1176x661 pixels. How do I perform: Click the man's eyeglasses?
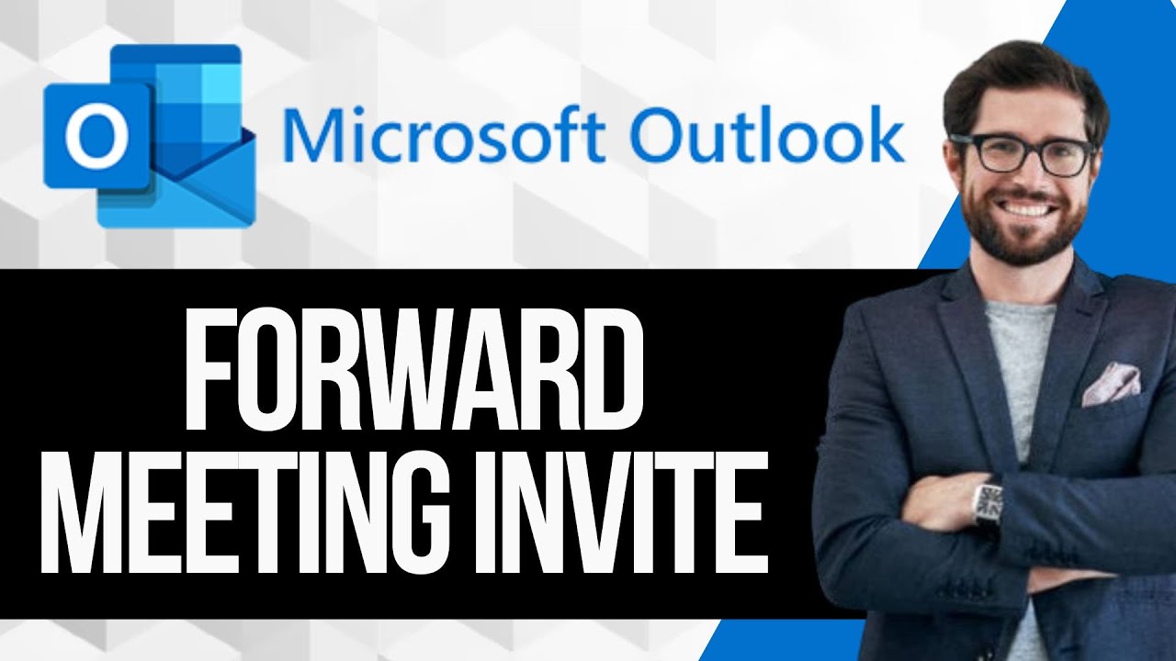[x=1023, y=153]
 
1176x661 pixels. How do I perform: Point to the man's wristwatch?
[x=989, y=504]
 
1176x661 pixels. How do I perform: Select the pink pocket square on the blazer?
[x=1112, y=383]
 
